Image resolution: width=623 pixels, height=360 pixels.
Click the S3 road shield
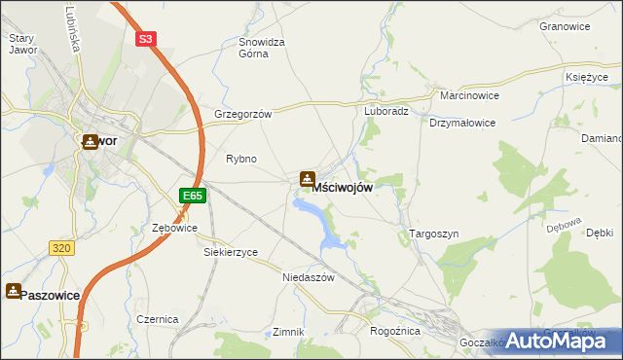[145, 40]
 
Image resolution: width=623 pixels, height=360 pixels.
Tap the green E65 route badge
[193, 196]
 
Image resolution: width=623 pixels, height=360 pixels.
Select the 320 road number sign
[61, 248]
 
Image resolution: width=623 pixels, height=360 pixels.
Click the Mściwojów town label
[342, 187]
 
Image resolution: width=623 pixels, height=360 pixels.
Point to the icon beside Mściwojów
[307, 179]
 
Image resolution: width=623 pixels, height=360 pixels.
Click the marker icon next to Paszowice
[13, 290]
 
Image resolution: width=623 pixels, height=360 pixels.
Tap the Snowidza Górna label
[261, 48]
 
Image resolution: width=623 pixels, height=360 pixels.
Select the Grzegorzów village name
[242, 113]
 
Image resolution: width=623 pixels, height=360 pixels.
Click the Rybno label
[240, 159]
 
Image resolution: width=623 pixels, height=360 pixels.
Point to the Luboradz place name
[386, 111]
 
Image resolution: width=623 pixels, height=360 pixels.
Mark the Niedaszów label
[309, 276]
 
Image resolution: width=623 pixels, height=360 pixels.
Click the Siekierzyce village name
[231, 252]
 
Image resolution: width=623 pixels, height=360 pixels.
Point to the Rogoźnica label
[393, 331]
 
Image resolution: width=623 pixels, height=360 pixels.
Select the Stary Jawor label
[20, 44]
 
